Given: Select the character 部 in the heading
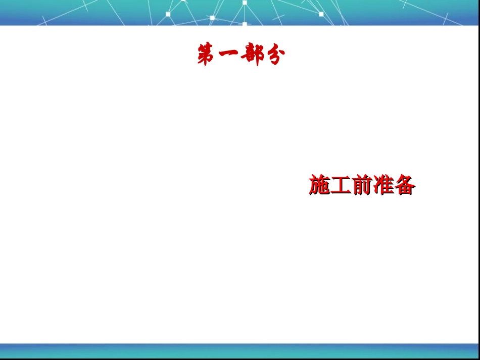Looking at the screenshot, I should [252, 55].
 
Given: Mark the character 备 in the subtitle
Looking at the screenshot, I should [404, 185].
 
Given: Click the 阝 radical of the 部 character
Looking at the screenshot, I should [258, 55].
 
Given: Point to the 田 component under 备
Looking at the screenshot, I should [404, 190].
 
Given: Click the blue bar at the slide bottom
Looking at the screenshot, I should [240, 350].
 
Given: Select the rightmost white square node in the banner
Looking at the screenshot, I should [321, 14].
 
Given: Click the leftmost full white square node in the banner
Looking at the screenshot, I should [168, 14].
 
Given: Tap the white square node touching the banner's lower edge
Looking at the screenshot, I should [245, 24].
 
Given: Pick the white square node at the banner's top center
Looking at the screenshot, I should [245, 3].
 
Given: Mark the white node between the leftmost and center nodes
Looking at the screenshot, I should [212, 18].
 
